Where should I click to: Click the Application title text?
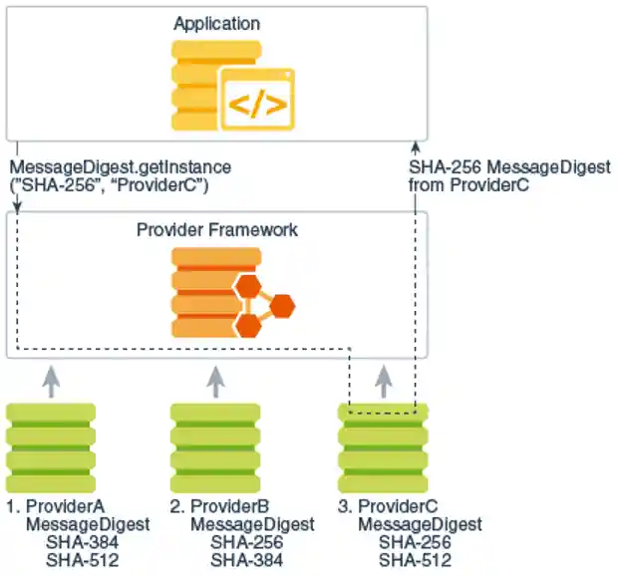216,23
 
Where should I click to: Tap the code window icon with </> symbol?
257,99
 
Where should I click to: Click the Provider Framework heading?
216,230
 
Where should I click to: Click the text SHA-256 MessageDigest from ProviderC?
508,176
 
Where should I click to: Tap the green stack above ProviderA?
51,441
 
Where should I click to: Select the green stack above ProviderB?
215,441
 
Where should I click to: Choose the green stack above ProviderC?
383,441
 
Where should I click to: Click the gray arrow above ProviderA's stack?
51,380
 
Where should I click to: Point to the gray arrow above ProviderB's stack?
215,380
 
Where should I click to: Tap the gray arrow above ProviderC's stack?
384,380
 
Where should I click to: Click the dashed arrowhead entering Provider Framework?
17,206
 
